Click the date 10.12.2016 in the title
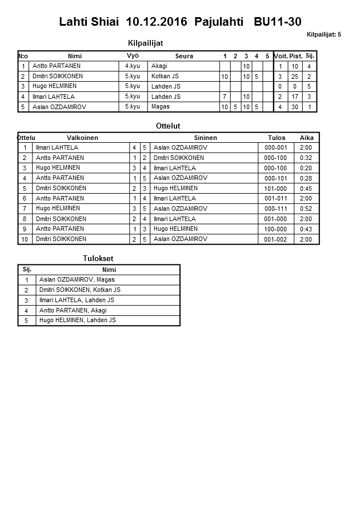[x=157, y=22]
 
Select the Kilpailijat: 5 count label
[x=323, y=34]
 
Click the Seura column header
[x=184, y=56]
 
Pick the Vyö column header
[x=133, y=55]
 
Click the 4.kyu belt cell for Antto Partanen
[x=132, y=66]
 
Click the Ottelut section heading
[x=167, y=126]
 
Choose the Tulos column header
[x=277, y=138]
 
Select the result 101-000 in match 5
[x=275, y=189]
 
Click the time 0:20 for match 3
[x=306, y=168]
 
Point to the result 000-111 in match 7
[x=275, y=209]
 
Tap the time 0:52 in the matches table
[x=306, y=209]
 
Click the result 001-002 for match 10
[x=275, y=239]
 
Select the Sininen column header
[x=205, y=138]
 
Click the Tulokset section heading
[x=99, y=258]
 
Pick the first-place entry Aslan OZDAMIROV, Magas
[x=77, y=280]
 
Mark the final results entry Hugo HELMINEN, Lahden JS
[x=77, y=320]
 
